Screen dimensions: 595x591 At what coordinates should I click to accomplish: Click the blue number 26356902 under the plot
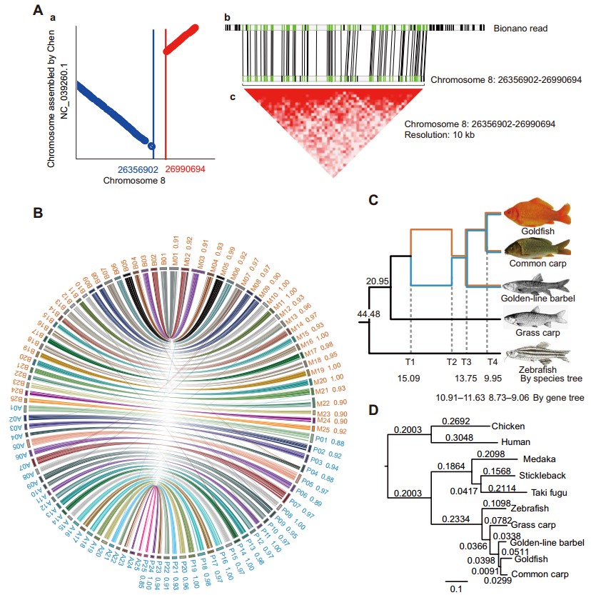(x=139, y=169)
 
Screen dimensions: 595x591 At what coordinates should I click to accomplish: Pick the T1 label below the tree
(x=410, y=363)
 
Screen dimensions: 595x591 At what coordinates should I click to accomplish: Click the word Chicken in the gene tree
(x=508, y=426)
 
